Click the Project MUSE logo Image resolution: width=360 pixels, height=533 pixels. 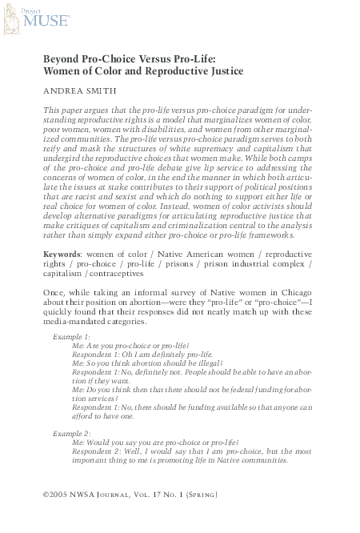tap(30, 19)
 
